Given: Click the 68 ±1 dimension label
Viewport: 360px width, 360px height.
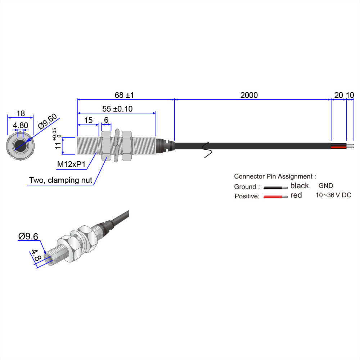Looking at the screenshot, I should coord(124,95).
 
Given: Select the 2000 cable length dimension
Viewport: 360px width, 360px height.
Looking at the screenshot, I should coord(249,95).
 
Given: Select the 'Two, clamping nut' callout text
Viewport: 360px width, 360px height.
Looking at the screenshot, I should coord(60,180).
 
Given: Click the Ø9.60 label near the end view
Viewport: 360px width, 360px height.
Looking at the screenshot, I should coord(48,122).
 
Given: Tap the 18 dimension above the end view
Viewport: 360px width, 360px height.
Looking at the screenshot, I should coord(21,114).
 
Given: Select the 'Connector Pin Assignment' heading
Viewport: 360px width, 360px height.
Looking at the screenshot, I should coord(275,176).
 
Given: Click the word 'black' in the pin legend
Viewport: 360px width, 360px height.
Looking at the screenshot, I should coord(300,186).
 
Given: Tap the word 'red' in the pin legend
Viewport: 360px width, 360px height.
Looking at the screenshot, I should coord(296,195).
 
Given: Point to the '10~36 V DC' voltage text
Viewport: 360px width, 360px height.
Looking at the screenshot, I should coord(333,195).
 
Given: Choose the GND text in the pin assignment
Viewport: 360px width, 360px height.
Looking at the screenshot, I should coord(326,186).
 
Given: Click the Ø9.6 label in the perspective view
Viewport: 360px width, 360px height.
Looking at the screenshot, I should coord(28,237).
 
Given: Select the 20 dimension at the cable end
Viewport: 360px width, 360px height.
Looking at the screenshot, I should coord(338,95).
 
